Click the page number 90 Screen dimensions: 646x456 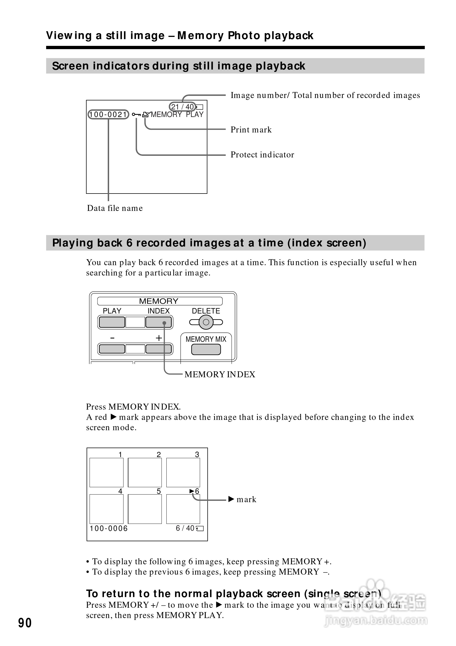coord(25,623)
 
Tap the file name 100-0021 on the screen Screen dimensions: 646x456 coord(108,115)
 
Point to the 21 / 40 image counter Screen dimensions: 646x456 coord(182,107)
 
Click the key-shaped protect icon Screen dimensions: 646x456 coord(137,115)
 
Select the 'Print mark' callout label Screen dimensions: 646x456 coord(251,130)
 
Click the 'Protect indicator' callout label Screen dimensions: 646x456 coord(262,155)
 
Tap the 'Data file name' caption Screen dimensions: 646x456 coord(115,208)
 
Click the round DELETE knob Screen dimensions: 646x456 coord(206,322)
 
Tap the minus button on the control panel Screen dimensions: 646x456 coord(112,349)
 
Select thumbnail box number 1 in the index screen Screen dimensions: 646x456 coord(106,472)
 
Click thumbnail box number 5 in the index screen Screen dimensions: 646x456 coord(145,509)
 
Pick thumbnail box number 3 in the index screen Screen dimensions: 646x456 coord(183,472)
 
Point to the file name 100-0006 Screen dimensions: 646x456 coord(109,528)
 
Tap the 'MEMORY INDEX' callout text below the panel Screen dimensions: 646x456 coord(220,375)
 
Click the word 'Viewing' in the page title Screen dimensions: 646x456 coord(69,36)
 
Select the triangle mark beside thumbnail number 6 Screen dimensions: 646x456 coord(192,491)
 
